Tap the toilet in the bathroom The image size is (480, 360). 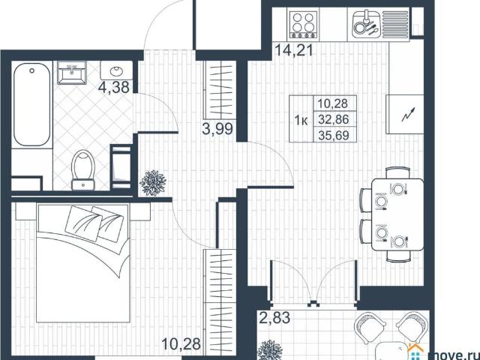pos(83,169)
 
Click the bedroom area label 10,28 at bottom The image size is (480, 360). pos(182,345)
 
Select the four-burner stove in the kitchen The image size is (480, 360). pos(304,25)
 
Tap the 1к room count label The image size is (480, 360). pos(301,119)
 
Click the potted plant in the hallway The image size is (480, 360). pos(153,182)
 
